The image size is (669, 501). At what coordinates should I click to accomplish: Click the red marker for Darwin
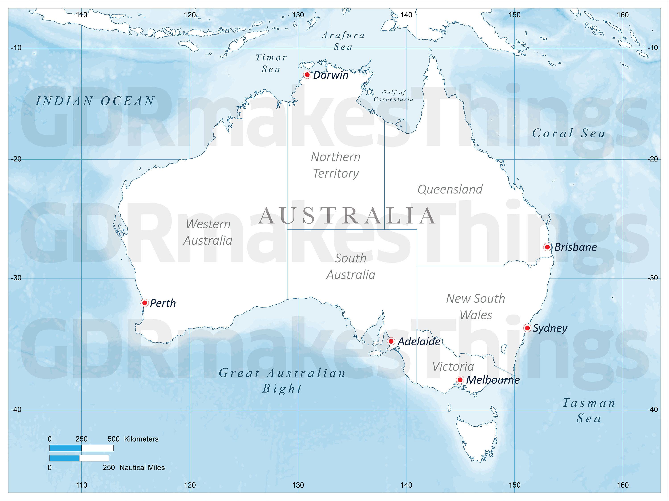pos(307,75)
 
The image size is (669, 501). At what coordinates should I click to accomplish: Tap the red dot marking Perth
pos(145,303)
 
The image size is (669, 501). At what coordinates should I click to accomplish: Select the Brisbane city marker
pos(547,247)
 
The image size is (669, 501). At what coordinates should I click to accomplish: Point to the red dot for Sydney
pos(527,328)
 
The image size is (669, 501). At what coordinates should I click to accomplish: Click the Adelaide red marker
pos(391,341)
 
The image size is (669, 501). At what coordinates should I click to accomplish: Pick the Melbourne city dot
pos(460,380)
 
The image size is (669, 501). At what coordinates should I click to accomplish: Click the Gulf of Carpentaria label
pos(393,96)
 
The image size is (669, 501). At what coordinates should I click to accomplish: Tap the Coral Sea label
pos(569,133)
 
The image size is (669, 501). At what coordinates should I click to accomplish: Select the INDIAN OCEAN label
pos(95,101)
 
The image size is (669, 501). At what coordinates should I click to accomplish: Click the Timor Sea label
pos(271,63)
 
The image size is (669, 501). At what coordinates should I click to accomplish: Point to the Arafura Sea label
pos(343,41)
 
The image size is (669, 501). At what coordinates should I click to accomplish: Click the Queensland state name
pos(450,189)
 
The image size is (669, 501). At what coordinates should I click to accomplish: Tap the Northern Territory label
pos(335,165)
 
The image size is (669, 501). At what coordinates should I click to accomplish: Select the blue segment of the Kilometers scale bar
pos(65,448)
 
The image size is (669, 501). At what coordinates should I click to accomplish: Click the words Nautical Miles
pos(142,467)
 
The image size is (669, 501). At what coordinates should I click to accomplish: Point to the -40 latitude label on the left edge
pos(16,409)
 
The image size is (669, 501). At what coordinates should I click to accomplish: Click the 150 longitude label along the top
pos(514,15)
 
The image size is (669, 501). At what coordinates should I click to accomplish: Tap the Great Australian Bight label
pos(282,381)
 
